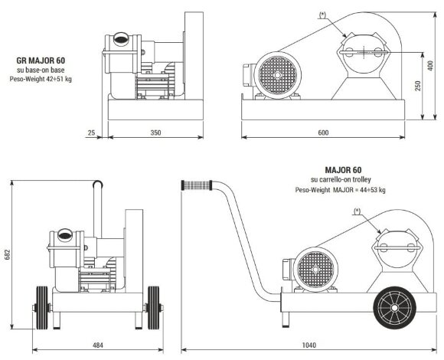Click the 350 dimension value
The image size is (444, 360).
click(155, 133)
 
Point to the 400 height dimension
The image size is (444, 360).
click(432, 67)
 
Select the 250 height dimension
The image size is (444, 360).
click(419, 86)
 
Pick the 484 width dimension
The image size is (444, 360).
click(97, 345)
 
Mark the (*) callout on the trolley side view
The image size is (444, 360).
click(357, 210)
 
